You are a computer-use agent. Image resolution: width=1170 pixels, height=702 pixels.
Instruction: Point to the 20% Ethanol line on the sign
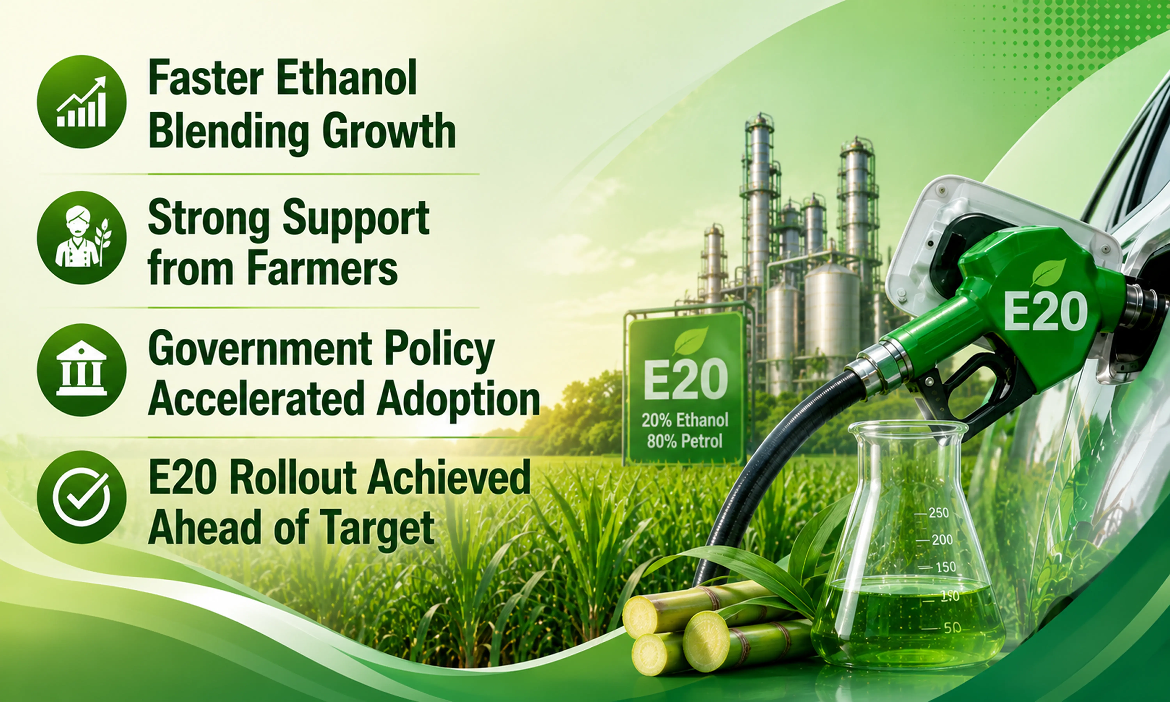pos(685,420)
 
